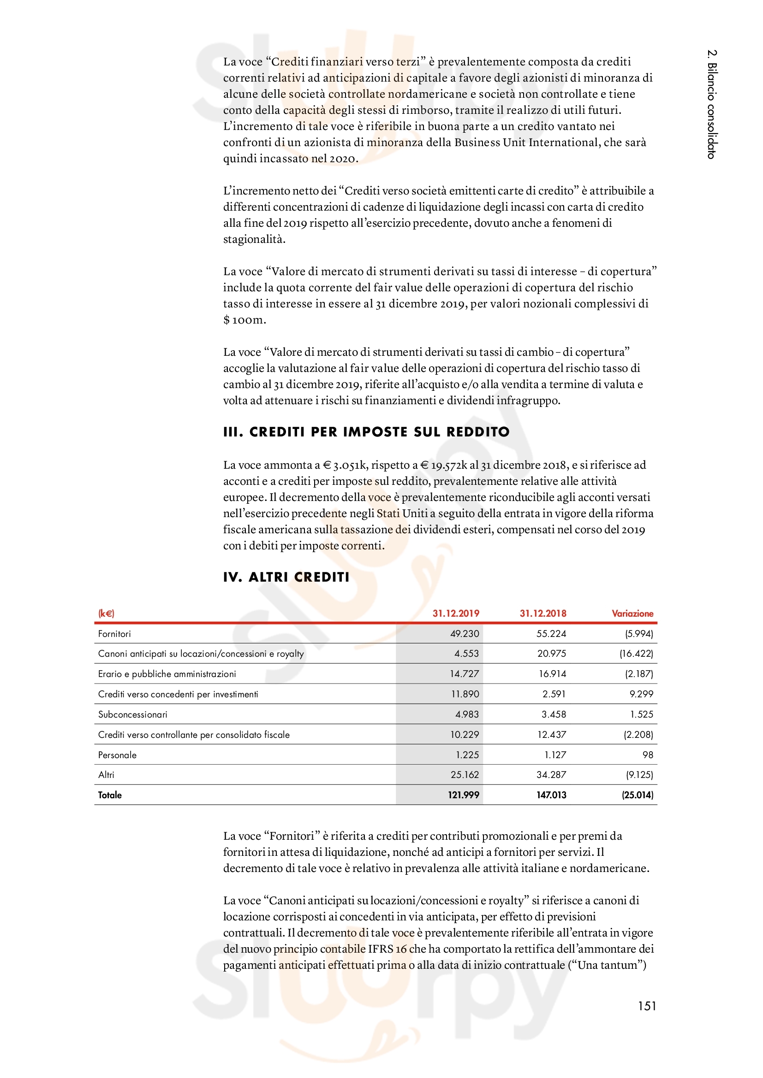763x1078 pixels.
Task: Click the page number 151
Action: tap(646, 1006)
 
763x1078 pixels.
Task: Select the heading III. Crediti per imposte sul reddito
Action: tap(366, 432)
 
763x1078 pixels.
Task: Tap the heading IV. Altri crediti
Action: tap(286, 577)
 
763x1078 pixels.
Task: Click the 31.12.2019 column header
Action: tap(455, 613)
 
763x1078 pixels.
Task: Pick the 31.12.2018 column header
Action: tap(542, 613)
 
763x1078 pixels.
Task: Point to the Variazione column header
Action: tap(632, 613)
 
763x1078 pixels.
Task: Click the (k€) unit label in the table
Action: tap(106, 613)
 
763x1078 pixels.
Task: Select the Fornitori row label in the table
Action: tap(114, 634)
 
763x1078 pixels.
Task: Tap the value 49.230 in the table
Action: tap(464, 634)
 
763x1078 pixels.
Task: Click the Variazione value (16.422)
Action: tap(636, 654)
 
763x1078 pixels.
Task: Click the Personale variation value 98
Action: tap(647, 755)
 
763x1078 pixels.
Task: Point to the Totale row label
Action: tap(109, 795)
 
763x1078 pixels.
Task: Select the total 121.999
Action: tap(463, 795)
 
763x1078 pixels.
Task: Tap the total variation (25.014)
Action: tap(637, 795)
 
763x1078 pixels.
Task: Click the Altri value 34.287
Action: tap(551, 775)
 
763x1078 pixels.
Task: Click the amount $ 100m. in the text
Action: tap(244, 320)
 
